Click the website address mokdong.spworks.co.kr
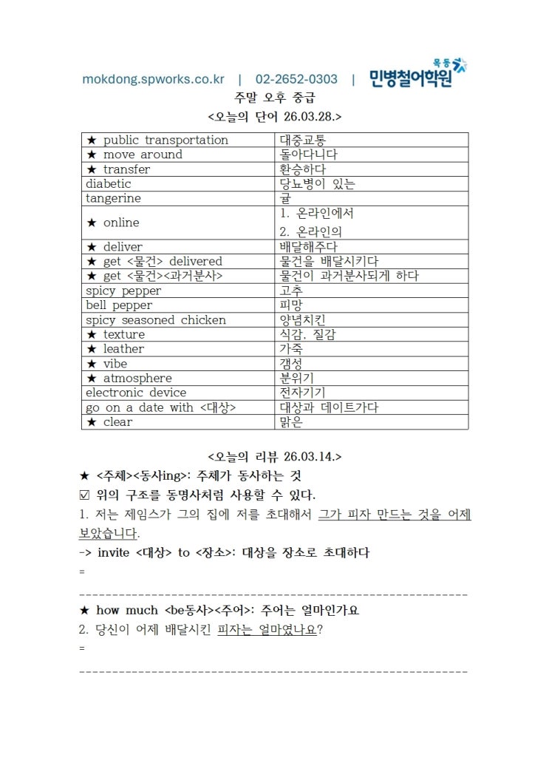tap(153, 79)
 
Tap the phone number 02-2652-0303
tap(296, 79)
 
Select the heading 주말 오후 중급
tap(275, 98)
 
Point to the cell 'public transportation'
tap(166, 140)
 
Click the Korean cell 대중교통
tap(303, 140)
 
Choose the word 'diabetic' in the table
tap(108, 184)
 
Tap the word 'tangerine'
tap(113, 199)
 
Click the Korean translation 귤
tap(285, 199)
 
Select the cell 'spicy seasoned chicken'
tap(156, 320)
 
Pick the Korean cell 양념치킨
tap(303, 320)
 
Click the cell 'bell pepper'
tap(119, 305)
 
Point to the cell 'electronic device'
tap(136, 393)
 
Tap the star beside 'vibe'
tap(92, 364)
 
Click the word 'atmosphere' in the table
tap(137, 378)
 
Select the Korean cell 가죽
tap(291, 349)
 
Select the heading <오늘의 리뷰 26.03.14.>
tap(275, 456)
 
